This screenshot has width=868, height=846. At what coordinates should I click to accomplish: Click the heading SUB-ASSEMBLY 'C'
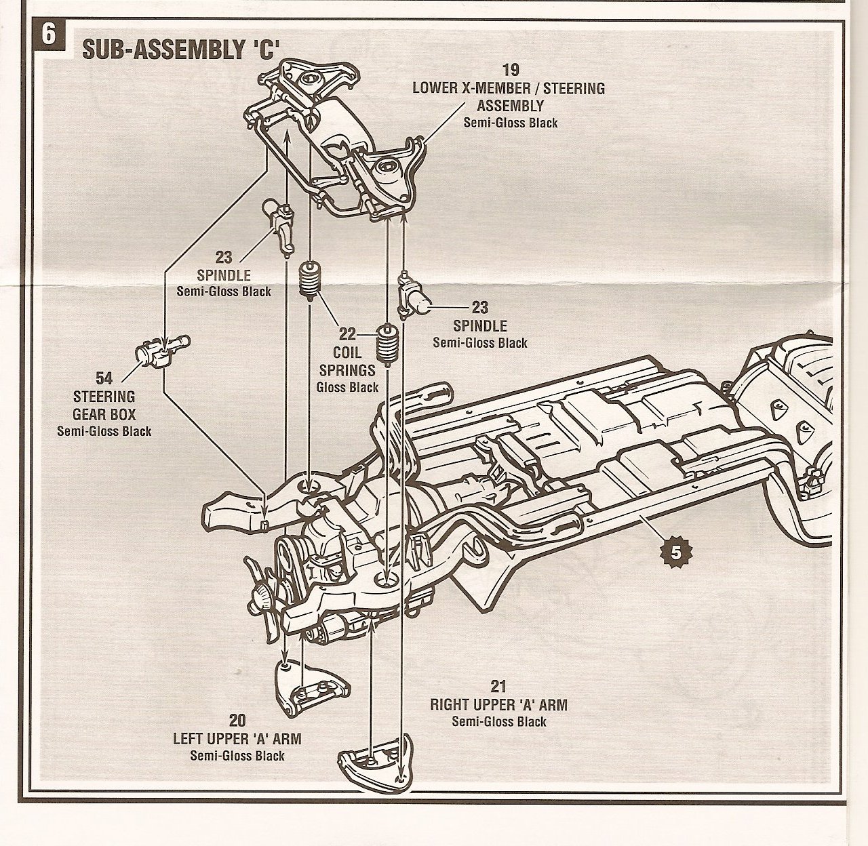click(177, 49)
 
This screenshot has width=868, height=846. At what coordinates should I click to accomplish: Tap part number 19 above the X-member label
click(511, 70)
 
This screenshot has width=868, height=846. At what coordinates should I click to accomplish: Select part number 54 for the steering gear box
click(104, 378)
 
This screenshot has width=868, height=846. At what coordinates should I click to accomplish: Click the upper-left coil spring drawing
click(309, 279)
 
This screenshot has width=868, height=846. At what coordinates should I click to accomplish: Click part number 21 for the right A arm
click(498, 686)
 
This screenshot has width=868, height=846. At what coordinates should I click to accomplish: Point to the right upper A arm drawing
click(376, 765)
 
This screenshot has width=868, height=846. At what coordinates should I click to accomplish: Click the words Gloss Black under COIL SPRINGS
click(347, 388)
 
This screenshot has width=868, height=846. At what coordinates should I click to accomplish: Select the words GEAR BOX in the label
click(104, 414)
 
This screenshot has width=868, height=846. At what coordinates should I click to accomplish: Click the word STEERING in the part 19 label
click(574, 88)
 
